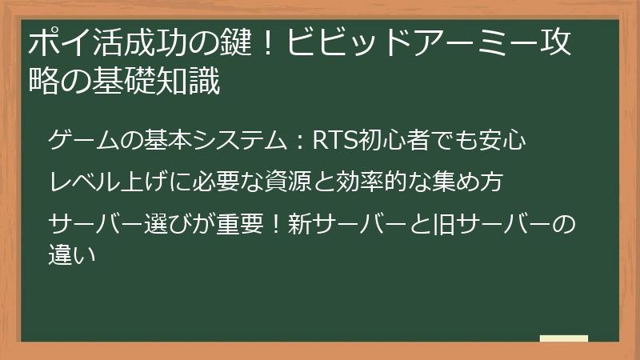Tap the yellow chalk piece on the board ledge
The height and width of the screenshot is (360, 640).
(563, 339)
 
